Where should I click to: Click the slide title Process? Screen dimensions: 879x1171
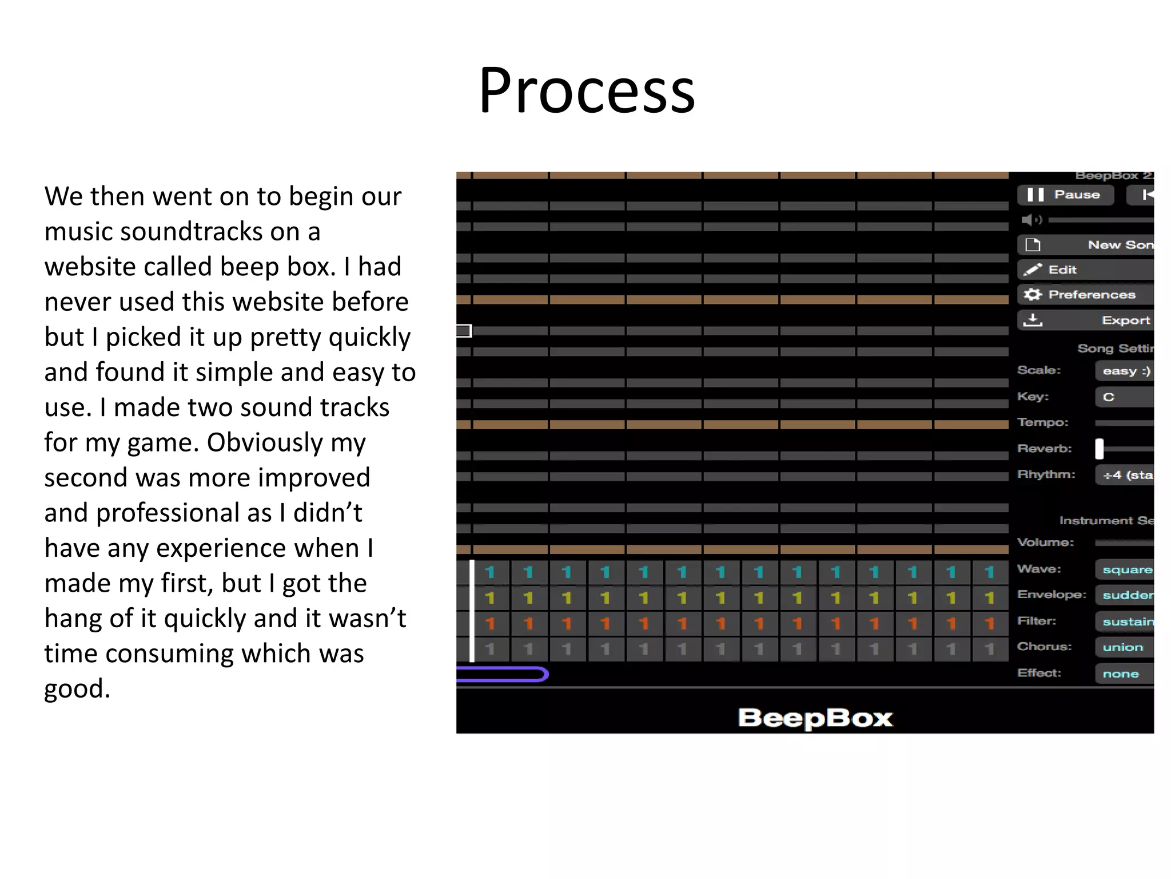[587, 90]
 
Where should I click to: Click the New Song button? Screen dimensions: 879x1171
[1086, 245]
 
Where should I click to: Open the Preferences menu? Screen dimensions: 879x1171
[1086, 295]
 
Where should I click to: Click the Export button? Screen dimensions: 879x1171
[1086, 320]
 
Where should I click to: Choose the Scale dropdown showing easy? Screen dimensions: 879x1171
[1125, 371]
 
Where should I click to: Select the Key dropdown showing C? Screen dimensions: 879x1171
[1125, 397]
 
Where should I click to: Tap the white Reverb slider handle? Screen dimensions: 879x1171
[1100, 449]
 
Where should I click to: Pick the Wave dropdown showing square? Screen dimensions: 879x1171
[1125, 569]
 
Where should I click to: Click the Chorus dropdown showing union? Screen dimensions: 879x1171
[1124, 647]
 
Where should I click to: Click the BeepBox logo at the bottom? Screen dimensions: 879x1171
[815, 718]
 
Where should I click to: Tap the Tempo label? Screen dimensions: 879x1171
[1042, 422]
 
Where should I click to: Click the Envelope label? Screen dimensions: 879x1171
[1051, 595]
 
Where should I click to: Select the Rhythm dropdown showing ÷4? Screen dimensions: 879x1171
[1125, 475]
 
